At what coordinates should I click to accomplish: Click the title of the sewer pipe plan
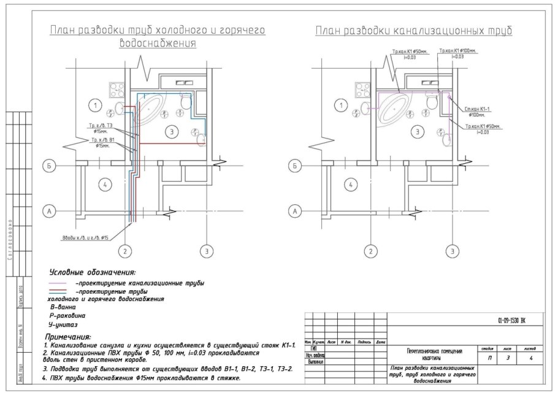tap(414, 31)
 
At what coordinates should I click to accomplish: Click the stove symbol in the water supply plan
tap(117, 90)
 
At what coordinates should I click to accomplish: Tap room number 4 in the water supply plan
tap(105, 184)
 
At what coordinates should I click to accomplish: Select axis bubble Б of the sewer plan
tap(295, 166)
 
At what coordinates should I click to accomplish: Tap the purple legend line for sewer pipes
tap(59, 284)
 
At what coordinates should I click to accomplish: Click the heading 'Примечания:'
tap(68, 337)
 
